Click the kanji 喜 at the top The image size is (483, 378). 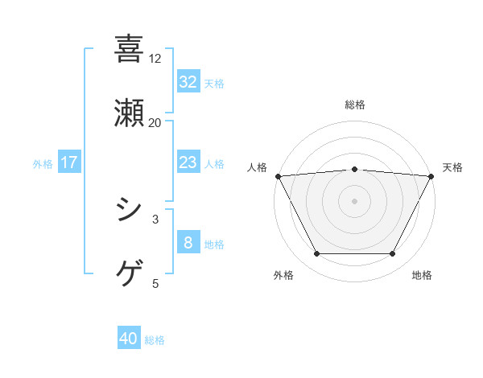pyautogui.click(x=129, y=49)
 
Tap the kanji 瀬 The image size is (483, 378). pyautogui.click(x=129, y=113)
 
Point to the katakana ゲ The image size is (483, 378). pyautogui.click(x=129, y=274)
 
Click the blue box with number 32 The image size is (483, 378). pyautogui.click(x=188, y=82)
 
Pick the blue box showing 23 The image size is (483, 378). pyautogui.click(x=188, y=162)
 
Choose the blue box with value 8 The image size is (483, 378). pyautogui.click(x=188, y=243)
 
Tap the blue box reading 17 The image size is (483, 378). pyautogui.click(x=69, y=162)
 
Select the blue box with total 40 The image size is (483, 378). pyautogui.click(x=129, y=339)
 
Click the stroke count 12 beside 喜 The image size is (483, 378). pyautogui.click(x=155, y=59)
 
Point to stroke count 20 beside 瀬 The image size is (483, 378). pyautogui.click(x=155, y=123)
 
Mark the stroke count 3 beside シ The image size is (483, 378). pyautogui.click(x=155, y=219)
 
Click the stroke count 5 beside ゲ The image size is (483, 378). pyautogui.click(x=155, y=283)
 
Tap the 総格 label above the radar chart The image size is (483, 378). pyautogui.click(x=354, y=105)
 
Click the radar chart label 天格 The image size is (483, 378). pyautogui.click(x=452, y=167)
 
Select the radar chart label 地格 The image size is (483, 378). pyautogui.click(x=422, y=275)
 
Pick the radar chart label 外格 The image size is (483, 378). pyautogui.click(x=283, y=275)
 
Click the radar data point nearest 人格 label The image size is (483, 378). pyautogui.click(x=278, y=175)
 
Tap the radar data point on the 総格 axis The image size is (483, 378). pyautogui.click(x=354, y=169)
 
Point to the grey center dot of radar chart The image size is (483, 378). pyautogui.click(x=354, y=200)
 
